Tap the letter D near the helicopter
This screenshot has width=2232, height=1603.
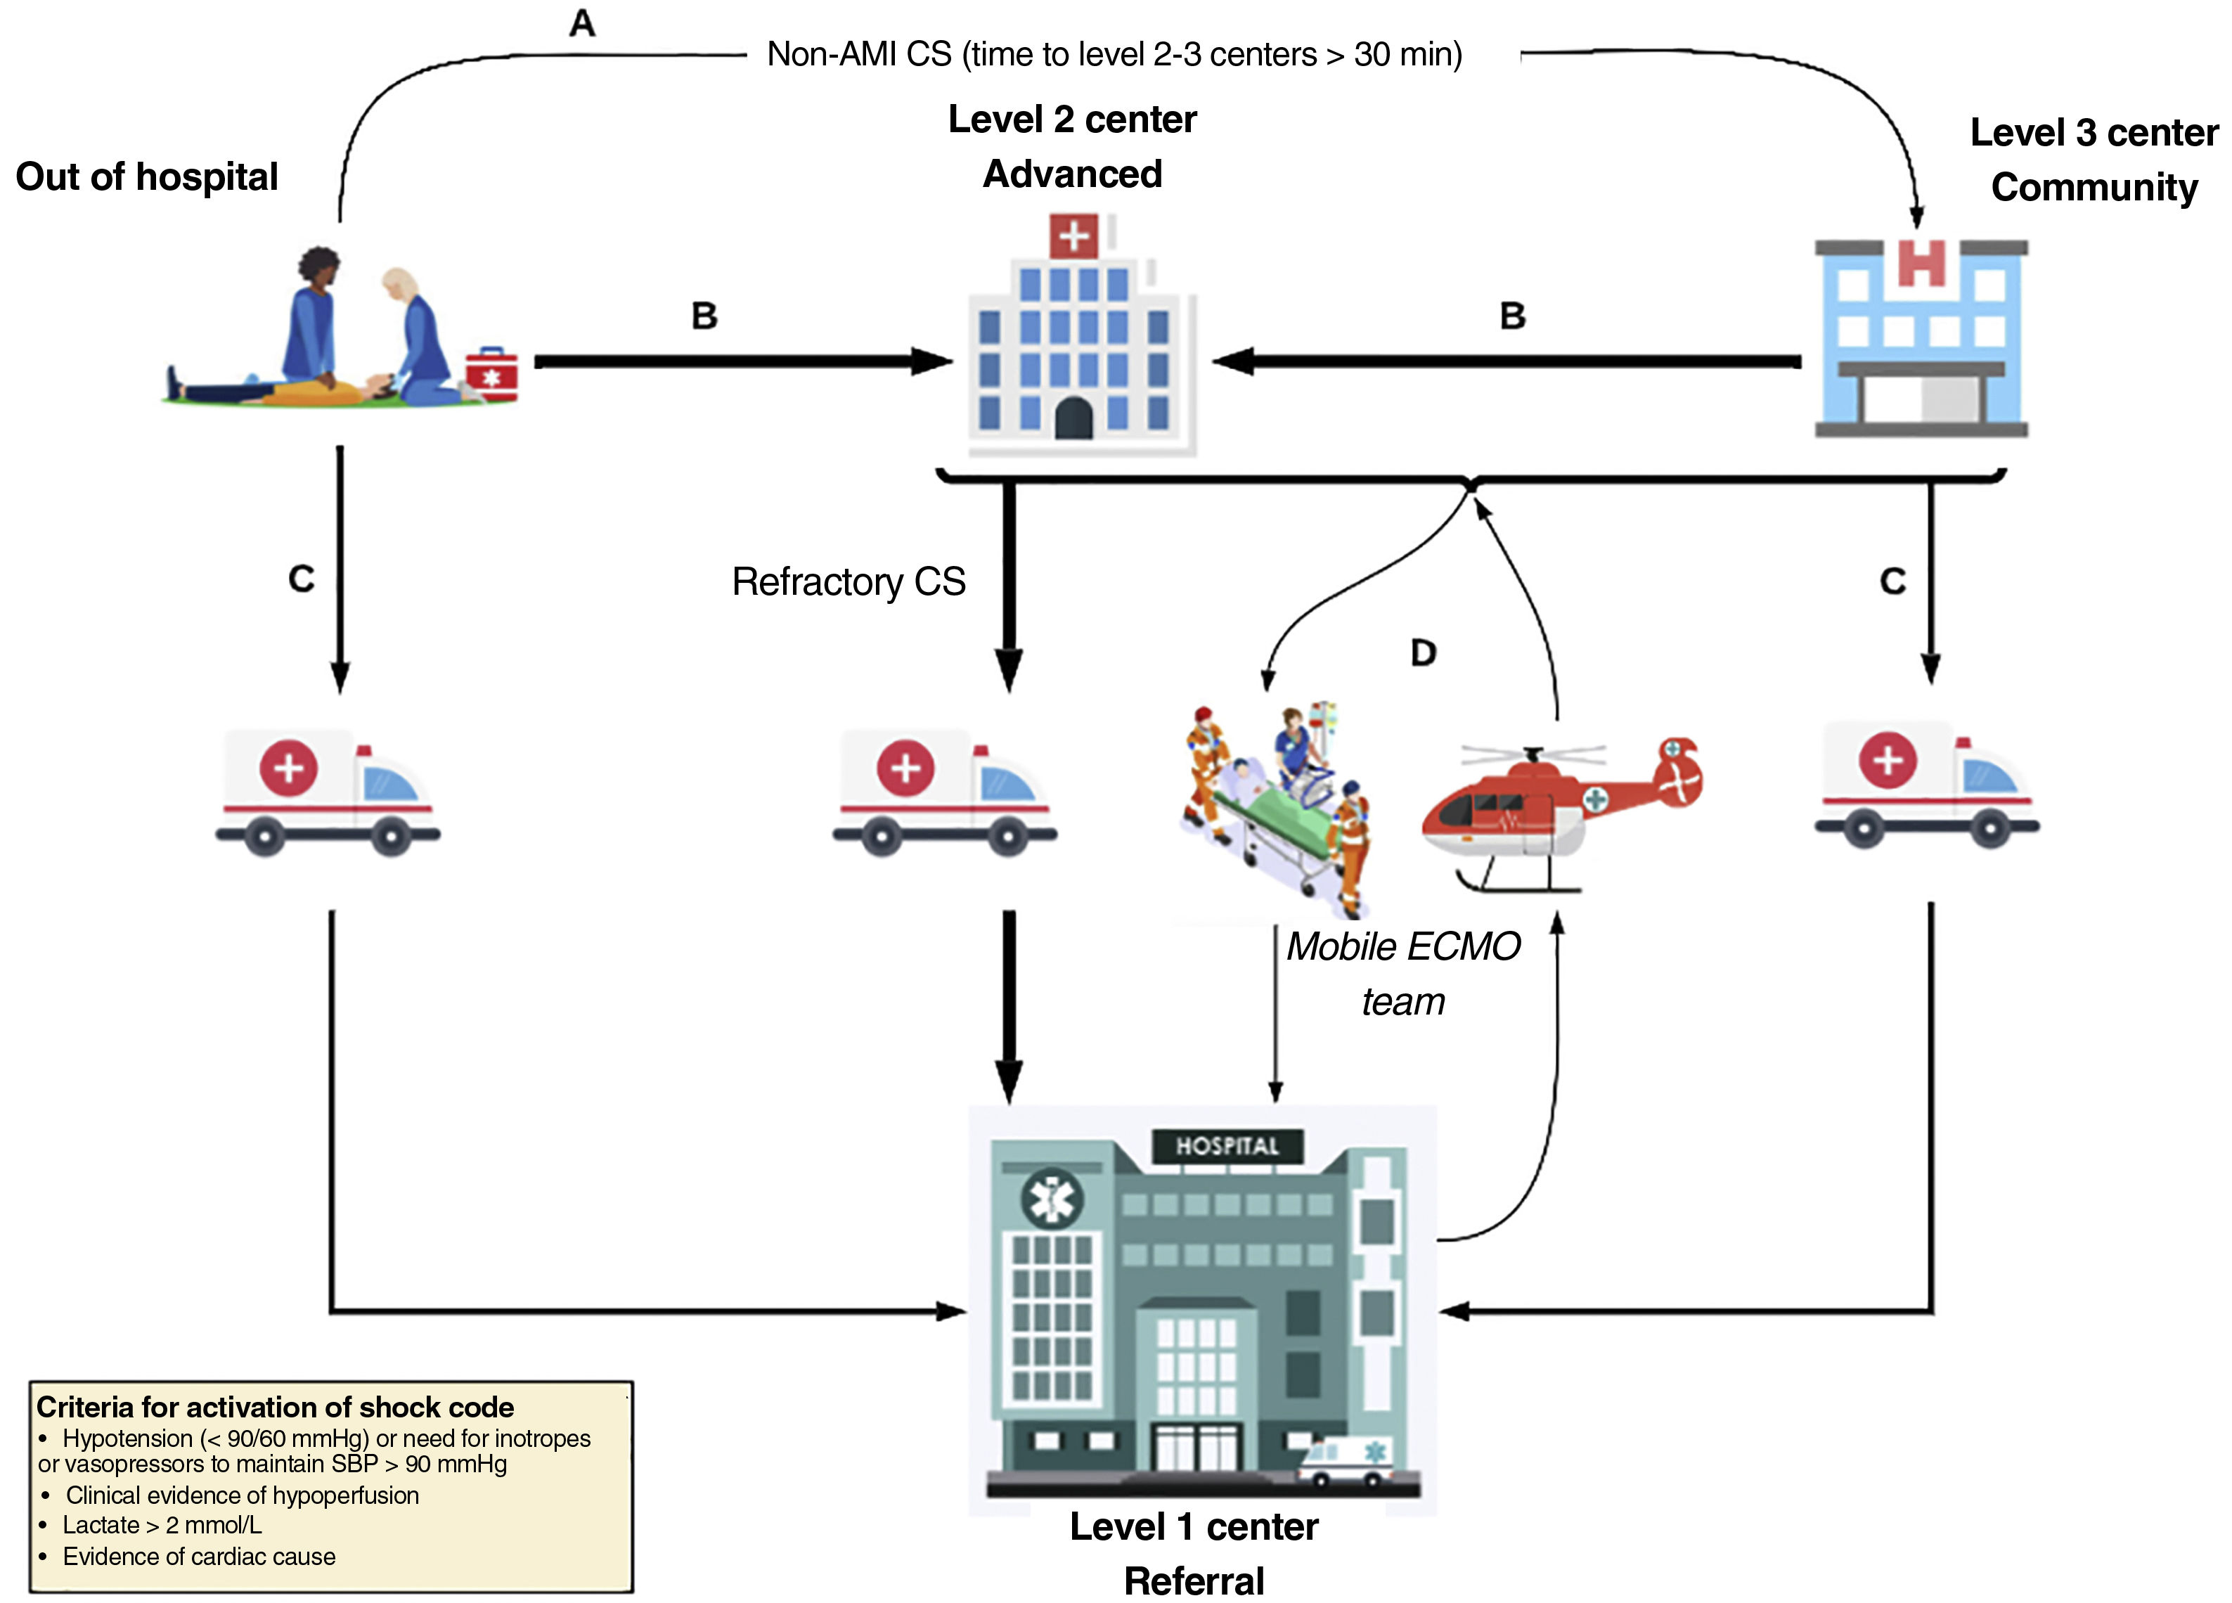(1422, 652)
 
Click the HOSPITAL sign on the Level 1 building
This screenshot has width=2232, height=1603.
(1227, 1145)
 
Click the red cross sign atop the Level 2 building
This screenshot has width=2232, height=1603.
(1073, 236)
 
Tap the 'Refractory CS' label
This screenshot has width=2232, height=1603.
(849, 581)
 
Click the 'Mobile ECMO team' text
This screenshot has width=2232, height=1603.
(1402, 973)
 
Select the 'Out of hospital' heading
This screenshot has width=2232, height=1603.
(147, 177)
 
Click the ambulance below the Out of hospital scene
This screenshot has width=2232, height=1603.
(328, 792)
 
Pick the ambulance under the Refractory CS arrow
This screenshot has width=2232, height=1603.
(945, 792)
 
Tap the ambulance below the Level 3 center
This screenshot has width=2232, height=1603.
(1926, 785)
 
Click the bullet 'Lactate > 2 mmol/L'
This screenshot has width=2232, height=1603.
(162, 1524)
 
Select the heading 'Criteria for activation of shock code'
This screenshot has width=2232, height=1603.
(275, 1406)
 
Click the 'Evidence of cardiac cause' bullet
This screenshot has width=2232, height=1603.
(199, 1556)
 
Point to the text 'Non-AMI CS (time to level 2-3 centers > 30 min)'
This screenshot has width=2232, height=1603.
(1114, 54)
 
